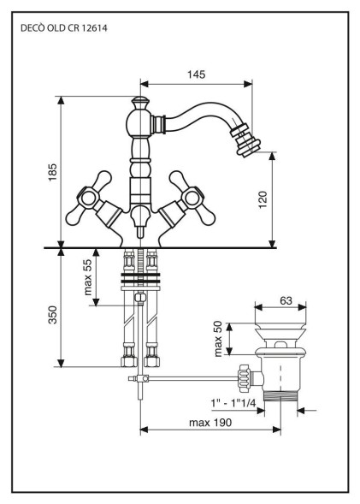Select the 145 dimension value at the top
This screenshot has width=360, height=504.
tap(196, 74)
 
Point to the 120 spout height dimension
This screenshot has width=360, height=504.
tap(263, 199)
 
